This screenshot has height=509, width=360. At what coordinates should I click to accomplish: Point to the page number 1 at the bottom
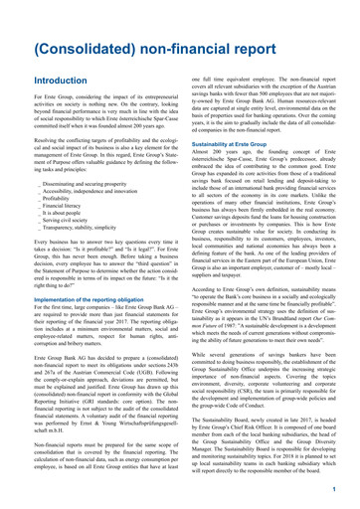tap(338, 490)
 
